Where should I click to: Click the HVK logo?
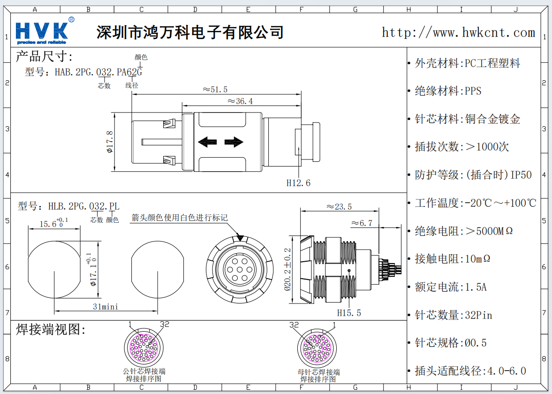42,31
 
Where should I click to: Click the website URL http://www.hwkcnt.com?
458,32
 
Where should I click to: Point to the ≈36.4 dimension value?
240,101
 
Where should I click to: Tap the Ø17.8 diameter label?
110,142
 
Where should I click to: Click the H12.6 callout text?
298,183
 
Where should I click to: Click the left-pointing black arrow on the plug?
207,142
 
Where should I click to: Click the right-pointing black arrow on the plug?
233,142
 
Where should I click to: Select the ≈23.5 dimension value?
339,206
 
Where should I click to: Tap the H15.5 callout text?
349,313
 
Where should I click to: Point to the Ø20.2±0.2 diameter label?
288,269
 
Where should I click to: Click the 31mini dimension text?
106,307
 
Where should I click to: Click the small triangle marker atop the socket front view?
240,238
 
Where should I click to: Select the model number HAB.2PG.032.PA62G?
98,72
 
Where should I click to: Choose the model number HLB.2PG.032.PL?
83,206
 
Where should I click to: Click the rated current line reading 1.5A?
450,287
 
